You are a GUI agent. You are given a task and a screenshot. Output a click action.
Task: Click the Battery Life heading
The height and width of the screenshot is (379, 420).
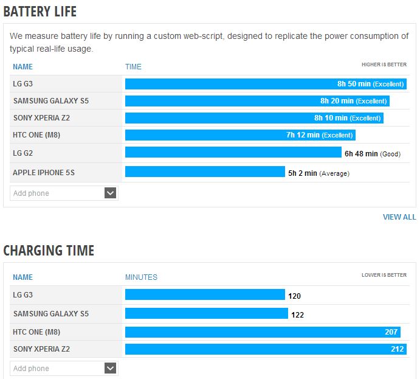40,11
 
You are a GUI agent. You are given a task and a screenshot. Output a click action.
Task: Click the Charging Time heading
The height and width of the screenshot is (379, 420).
49,249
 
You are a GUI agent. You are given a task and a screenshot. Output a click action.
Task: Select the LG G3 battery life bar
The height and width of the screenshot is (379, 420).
231,84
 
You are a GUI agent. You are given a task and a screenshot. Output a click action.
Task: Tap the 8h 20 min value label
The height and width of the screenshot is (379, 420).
337,101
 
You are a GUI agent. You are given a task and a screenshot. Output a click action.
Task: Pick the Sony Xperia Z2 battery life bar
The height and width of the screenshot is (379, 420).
219,118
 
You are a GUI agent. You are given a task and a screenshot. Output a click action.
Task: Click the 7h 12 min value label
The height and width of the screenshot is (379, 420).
303,135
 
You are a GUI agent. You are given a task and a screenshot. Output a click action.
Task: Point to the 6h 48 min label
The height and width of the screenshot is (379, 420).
361,154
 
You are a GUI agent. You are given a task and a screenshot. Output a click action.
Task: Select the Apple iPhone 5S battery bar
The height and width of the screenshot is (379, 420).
205,172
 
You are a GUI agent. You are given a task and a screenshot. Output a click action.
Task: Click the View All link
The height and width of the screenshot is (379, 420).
399,217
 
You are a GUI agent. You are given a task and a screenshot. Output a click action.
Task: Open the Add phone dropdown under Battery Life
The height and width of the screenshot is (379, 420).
110,193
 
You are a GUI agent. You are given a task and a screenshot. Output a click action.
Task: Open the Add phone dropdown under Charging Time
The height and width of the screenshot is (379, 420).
110,368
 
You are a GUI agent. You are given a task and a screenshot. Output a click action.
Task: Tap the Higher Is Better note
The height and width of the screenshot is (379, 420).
384,64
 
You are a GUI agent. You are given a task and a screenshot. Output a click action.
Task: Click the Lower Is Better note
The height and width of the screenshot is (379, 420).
384,275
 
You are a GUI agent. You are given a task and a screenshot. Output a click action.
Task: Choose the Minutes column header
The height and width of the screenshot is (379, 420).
141,277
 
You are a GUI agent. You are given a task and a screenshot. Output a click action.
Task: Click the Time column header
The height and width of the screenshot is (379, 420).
133,66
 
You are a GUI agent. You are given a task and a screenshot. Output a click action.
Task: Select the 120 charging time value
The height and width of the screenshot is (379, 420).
294,296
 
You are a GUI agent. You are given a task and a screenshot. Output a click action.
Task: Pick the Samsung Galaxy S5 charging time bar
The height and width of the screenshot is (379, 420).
206,313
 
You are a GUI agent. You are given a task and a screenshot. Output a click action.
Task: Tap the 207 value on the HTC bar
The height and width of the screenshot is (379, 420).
391,332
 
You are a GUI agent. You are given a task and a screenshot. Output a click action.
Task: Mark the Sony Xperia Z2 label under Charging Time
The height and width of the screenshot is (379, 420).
41,349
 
